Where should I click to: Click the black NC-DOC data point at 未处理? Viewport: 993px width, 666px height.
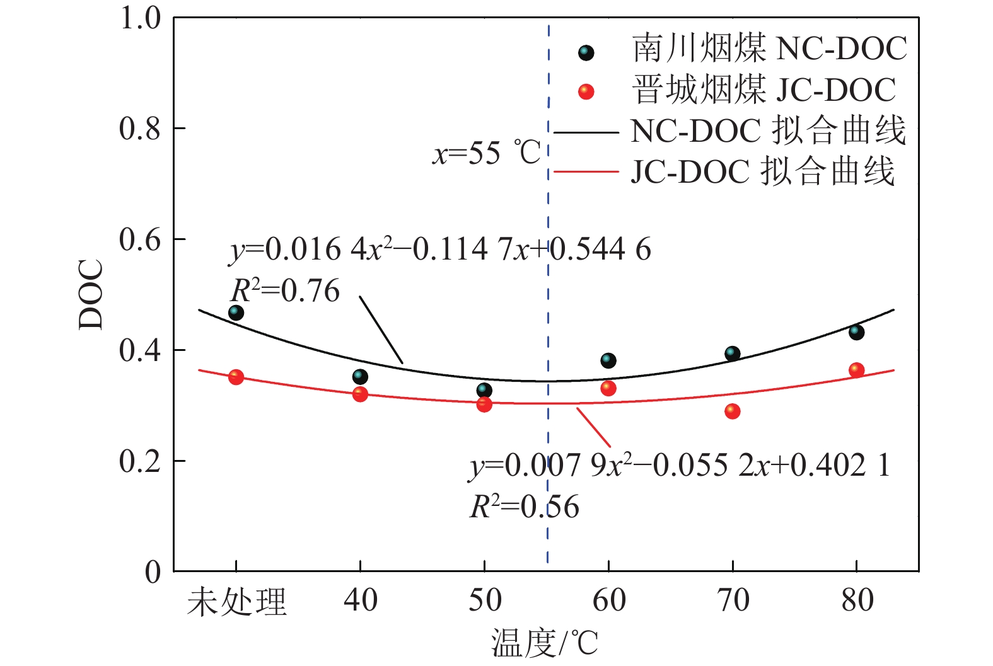pos(236,313)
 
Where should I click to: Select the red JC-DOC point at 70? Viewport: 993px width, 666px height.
pos(732,411)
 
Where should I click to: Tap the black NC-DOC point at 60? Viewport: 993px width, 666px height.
pos(608,360)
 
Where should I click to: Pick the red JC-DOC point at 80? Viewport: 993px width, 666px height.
pos(856,370)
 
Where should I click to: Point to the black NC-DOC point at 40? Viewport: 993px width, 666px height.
pos(360,377)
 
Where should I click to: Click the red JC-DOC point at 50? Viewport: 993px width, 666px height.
pos(484,405)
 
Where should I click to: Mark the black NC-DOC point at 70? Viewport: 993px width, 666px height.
pos(732,353)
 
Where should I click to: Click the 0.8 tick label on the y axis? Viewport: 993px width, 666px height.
pos(140,129)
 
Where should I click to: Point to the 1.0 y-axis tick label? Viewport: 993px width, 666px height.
pos(140,18)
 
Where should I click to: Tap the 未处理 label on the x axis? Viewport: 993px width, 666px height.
pos(236,602)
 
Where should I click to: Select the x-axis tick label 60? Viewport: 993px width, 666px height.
pos(609,600)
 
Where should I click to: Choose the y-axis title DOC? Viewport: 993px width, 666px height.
pos(91,294)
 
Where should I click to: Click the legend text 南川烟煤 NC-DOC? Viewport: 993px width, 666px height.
pos(769,49)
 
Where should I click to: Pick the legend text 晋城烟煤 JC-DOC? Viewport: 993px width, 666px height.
pos(764,89)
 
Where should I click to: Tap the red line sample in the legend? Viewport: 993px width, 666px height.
pos(586,171)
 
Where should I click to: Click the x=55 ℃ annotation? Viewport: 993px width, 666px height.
pos(486,153)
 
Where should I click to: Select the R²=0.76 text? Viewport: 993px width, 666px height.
pos(285,291)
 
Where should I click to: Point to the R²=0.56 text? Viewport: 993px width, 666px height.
pos(524,507)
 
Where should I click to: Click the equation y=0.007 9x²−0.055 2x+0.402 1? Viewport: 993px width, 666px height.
pos(680,466)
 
